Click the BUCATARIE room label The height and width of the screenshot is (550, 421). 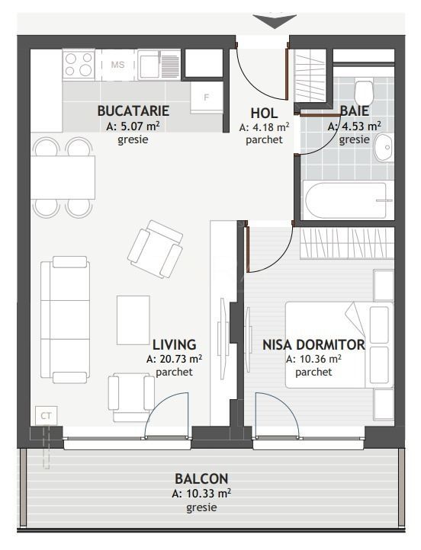click(x=133, y=110)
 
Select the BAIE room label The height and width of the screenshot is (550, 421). click(x=355, y=110)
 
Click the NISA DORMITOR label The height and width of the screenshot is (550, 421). click(x=313, y=344)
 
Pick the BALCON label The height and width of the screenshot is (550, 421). click(x=201, y=479)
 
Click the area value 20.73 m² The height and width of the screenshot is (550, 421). click(x=174, y=359)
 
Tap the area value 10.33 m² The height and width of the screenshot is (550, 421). click(x=201, y=494)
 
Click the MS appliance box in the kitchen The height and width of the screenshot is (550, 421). click(x=117, y=65)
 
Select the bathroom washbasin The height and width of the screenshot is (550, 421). click(x=384, y=143)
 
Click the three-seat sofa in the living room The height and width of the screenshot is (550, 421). click(x=66, y=320)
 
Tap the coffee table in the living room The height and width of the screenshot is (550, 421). click(x=133, y=320)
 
